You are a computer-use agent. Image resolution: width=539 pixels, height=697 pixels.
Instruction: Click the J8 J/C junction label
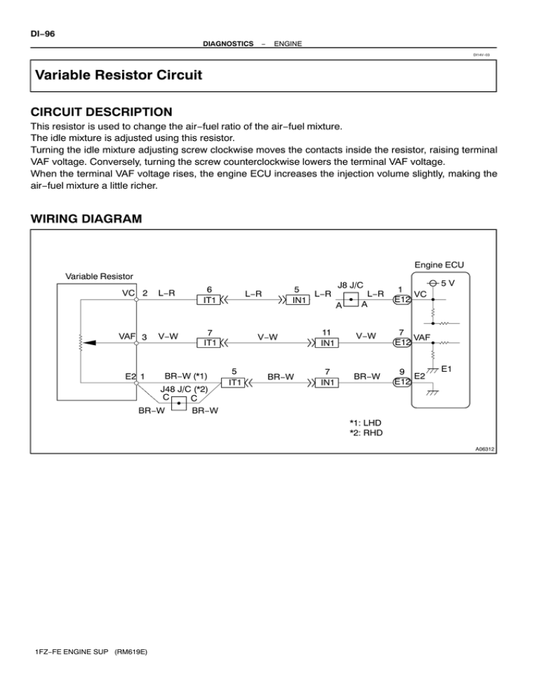coord(350,285)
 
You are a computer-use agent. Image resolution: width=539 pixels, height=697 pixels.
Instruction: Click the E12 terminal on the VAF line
coord(401,343)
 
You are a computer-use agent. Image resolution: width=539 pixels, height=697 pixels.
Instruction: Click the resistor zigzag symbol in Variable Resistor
coord(80,343)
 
